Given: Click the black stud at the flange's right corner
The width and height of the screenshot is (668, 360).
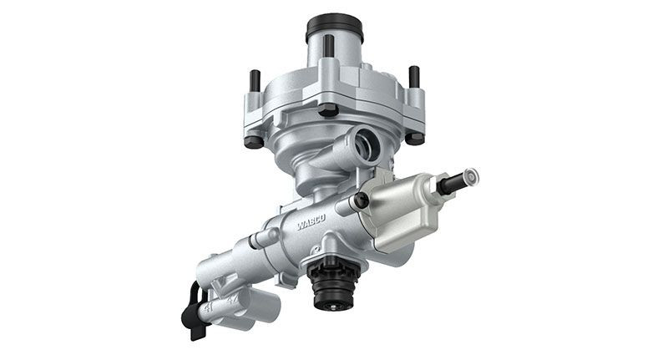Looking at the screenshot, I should pos(413,77).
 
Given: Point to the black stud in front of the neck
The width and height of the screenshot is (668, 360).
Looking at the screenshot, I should pos(329,45).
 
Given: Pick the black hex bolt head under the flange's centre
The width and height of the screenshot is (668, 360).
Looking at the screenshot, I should pos(329,109).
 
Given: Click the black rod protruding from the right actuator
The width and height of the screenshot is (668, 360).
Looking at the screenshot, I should pos(450,185).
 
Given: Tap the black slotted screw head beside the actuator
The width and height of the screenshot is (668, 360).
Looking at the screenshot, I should pos(361,200).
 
